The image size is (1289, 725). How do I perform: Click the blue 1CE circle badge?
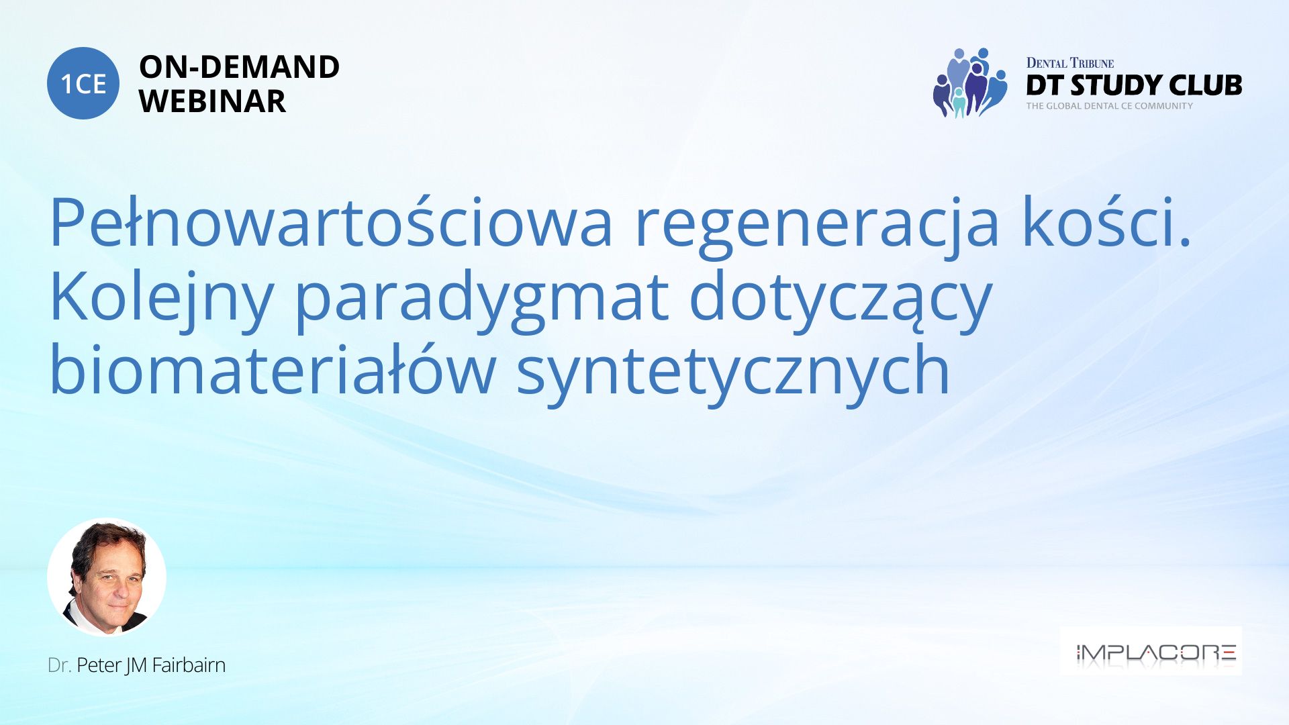click(83, 83)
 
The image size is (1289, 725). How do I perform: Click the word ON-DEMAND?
click(239, 67)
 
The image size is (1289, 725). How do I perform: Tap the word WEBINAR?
click(212, 101)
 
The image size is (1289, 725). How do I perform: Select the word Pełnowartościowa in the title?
click(332, 222)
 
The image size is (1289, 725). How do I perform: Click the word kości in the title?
click(1107, 222)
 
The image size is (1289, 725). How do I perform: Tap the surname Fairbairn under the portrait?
click(189, 665)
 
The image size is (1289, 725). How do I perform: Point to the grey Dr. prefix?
click(60, 665)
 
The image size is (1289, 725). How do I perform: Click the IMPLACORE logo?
click(1151, 651)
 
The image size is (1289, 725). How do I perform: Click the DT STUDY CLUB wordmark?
click(1134, 85)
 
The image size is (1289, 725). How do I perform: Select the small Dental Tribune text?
click(1070, 63)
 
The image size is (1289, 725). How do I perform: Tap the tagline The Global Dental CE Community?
click(1109, 106)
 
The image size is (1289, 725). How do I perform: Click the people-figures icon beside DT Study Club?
click(969, 83)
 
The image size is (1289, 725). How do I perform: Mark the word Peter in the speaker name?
click(99, 665)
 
